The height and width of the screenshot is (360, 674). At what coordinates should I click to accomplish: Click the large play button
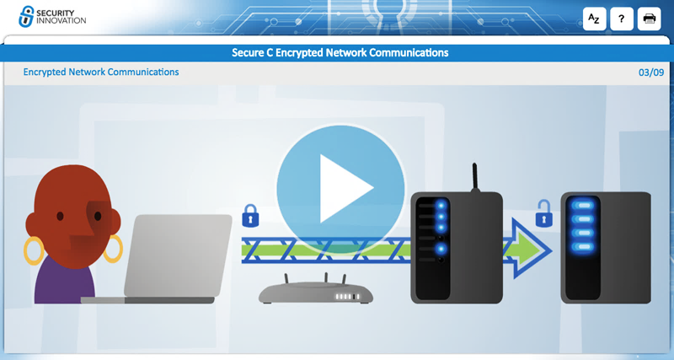(341, 188)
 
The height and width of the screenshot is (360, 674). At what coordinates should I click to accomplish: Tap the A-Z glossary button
(595, 19)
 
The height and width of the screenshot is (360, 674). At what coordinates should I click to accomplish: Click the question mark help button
(622, 19)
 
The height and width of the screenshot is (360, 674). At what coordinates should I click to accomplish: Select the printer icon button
(650, 19)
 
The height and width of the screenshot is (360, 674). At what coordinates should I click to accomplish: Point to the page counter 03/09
(651, 73)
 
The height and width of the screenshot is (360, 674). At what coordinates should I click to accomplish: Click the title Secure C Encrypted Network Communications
(340, 52)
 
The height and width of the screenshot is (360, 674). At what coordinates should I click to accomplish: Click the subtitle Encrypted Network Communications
(101, 73)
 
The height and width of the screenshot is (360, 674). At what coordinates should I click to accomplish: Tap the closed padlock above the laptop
(249, 218)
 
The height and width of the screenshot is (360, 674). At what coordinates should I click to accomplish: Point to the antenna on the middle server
(476, 177)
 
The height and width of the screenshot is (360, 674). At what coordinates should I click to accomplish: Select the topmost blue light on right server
(583, 205)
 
